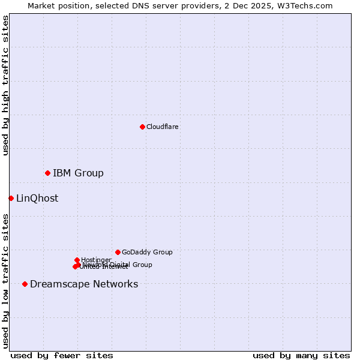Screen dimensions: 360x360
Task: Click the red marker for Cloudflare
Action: coord(142,127)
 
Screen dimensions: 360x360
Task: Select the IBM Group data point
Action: coord(47,173)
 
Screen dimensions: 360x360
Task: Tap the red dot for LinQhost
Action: coord(11,198)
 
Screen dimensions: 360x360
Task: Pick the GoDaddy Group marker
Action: coord(118,252)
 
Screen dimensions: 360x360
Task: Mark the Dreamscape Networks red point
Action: coord(25,284)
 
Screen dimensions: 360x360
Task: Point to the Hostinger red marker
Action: coord(77,260)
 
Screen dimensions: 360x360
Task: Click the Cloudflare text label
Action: coord(163,127)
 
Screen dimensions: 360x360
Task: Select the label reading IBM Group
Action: coord(78,173)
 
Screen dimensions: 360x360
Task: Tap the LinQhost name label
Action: coord(37,199)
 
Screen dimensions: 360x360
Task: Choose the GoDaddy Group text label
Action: coord(147,252)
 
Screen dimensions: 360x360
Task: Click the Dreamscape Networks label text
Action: coord(84,284)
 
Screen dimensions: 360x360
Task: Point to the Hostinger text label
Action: coord(96,260)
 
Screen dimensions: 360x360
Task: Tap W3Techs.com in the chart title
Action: coord(305,6)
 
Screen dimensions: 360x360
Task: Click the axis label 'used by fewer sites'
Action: coord(62,355)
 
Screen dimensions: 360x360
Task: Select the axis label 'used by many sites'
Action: coord(301,355)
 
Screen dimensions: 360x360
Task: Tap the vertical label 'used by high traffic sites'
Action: coord(5,85)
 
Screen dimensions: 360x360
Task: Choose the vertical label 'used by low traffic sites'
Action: coord(5,280)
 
